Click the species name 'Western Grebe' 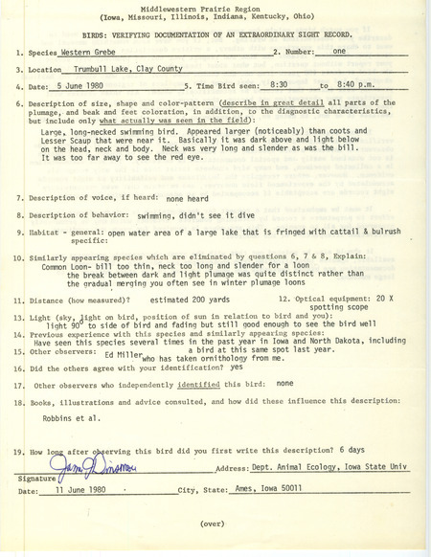point(77,56)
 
